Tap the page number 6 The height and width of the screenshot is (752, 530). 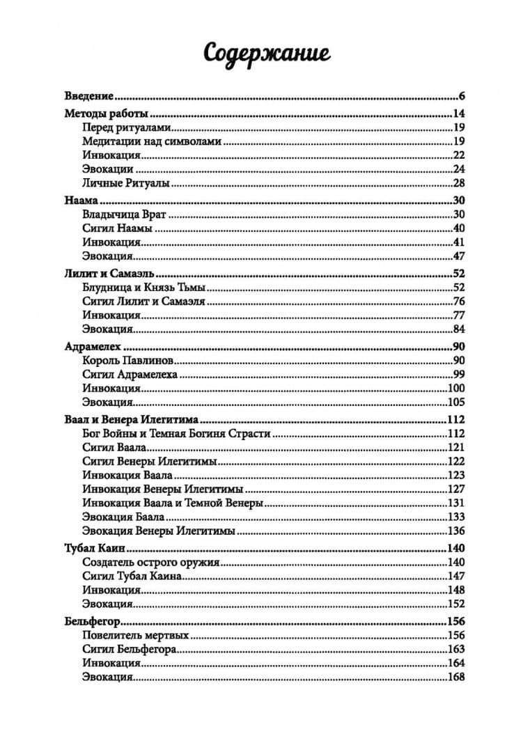pyautogui.click(x=461, y=96)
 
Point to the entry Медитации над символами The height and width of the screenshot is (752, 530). pyautogui.click(x=151, y=141)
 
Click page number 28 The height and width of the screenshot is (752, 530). pyautogui.click(x=458, y=183)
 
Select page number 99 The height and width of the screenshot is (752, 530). pyautogui.click(x=458, y=375)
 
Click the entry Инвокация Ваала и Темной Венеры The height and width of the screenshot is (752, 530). pyautogui.click(x=172, y=503)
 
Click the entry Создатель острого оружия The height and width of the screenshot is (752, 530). pyautogui.click(x=151, y=563)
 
